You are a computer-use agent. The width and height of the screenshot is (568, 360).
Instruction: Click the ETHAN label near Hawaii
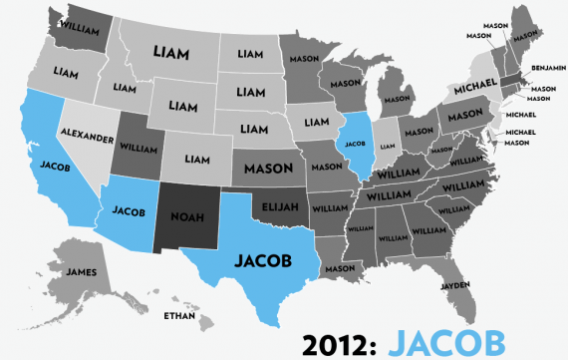point(178,316)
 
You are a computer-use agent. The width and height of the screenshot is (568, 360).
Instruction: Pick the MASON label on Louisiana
point(340,267)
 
